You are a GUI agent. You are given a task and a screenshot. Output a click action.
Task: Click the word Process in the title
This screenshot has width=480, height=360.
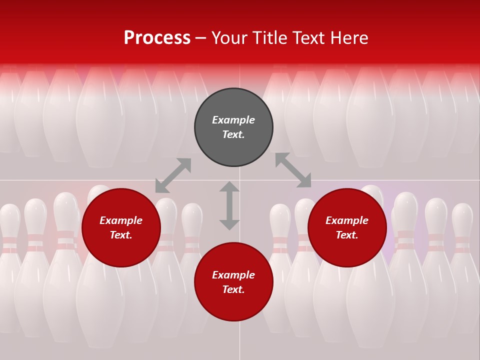(157, 38)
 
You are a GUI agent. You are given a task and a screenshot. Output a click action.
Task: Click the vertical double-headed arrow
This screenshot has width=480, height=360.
(229, 205)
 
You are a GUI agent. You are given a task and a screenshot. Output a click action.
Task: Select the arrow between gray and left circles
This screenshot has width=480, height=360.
(173, 175)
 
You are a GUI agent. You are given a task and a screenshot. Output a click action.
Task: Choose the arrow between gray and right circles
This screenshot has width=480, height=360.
(293, 170)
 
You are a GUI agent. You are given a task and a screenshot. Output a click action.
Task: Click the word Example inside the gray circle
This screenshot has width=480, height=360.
(233, 120)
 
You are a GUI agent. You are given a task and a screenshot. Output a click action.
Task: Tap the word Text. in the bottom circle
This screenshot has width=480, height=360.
(233, 289)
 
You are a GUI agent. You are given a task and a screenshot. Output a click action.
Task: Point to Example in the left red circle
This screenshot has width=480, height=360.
(121, 220)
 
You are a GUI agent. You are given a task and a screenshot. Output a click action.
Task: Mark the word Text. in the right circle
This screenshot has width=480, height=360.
(347, 235)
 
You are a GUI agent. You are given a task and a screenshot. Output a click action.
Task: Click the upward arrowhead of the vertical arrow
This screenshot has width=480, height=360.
(229, 186)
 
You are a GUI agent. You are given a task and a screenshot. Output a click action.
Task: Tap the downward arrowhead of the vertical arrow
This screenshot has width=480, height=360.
(229, 225)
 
